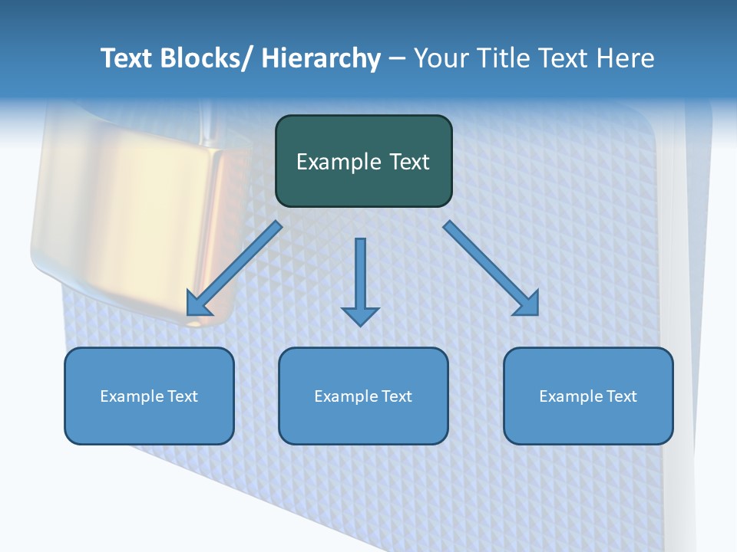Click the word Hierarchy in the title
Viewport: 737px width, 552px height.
click(321, 58)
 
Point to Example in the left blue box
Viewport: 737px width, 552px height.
click(132, 396)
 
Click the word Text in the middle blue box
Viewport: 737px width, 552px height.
click(395, 396)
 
